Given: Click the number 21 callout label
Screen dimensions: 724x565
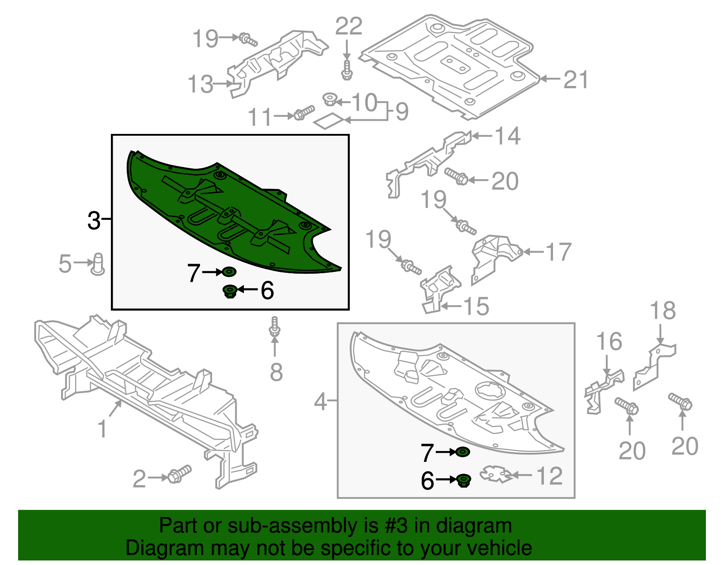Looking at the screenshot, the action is (576, 80).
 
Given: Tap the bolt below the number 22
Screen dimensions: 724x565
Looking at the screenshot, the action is (347, 70).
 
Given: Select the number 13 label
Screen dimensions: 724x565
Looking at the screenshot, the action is (200, 84).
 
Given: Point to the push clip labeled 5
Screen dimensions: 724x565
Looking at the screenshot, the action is (98, 264).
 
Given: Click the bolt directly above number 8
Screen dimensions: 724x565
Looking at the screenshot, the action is (275, 327).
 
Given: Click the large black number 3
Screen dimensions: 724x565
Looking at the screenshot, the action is (94, 220).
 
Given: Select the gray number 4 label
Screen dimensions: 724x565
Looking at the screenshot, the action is (320, 402).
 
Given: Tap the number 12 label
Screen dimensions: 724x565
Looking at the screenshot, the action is (550, 476).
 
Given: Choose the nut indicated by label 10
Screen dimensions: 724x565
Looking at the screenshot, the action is (330, 99).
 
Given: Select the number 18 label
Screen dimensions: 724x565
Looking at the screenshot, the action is (663, 311).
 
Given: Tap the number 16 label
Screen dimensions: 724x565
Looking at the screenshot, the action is (609, 342).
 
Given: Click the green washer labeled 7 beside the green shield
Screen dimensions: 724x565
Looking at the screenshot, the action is (229, 272).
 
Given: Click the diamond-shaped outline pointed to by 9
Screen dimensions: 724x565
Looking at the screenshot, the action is (329, 121).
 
